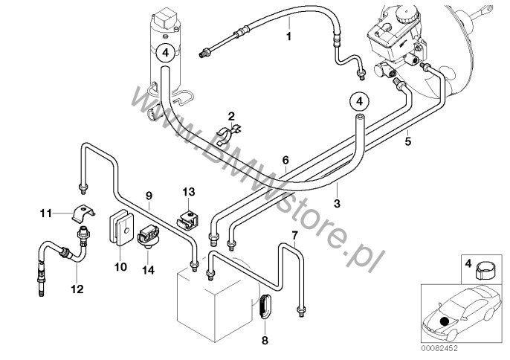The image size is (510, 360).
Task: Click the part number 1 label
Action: click(x=288, y=36)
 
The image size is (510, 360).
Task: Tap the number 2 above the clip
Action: click(x=231, y=116)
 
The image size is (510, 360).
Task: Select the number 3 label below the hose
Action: click(x=337, y=204)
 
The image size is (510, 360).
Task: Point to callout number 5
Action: click(x=408, y=141)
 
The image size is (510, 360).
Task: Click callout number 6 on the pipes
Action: click(x=285, y=160)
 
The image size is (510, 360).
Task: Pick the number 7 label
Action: click(x=294, y=235)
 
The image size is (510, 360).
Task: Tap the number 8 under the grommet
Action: click(x=265, y=341)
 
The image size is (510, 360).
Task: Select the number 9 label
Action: click(x=149, y=196)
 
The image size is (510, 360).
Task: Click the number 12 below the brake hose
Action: click(x=77, y=289)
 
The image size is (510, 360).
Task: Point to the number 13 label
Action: click(x=189, y=192)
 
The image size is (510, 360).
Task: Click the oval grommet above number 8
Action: click(x=265, y=305)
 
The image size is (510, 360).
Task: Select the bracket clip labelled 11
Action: click(x=83, y=213)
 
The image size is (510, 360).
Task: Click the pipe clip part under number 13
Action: click(x=188, y=219)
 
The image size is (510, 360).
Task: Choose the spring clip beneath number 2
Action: click(x=229, y=133)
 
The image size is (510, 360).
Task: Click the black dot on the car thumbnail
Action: click(x=444, y=322)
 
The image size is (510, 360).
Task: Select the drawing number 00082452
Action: click(x=439, y=348)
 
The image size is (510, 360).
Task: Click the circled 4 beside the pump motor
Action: click(x=166, y=52)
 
